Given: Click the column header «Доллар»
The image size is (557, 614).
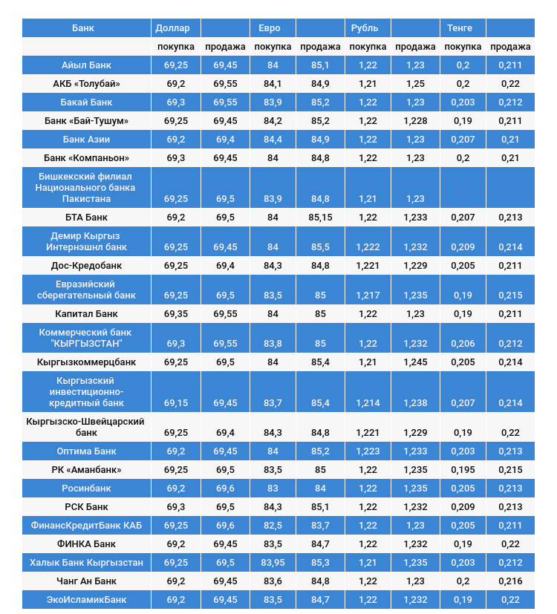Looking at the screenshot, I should pyautogui.click(x=172, y=28).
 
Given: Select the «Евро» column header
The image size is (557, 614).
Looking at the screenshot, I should pyautogui.click(x=269, y=28).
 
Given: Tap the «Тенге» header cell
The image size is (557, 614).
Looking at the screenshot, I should pyautogui.click(x=460, y=28).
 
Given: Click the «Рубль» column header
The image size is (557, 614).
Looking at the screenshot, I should pyautogui.click(x=365, y=28).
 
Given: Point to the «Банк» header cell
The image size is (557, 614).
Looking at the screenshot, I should pyautogui.click(x=83, y=28).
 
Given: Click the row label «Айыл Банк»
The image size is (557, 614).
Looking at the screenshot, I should pyautogui.click(x=86, y=65).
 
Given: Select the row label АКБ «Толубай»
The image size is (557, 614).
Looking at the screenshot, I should pyautogui.click(x=86, y=83).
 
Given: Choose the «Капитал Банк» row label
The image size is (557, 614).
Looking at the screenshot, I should pyautogui.click(x=86, y=314).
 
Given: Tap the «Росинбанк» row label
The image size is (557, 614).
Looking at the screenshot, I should pyautogui.click(x=86, y=489).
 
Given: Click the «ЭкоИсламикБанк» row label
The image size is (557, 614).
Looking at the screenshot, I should pyautogui.click(x=86, y=600).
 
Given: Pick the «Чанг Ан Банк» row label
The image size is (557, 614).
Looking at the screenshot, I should pyautogui.click(x=86, y=581).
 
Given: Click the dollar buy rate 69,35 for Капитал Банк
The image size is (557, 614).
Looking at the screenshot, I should pyautogui.click(x=176, y=314).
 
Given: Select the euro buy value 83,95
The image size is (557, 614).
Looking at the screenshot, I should pyautogui.click(x=273, y=563).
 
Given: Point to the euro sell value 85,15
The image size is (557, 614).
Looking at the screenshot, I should pyautogui.click(x=320, y=218).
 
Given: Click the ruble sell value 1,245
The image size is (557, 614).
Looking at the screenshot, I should pyautogui.click(x=415, y=362).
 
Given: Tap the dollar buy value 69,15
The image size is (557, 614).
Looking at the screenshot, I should pyautogui.click(x=176, y=403).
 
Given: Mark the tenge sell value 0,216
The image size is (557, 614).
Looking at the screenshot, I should pyautogui.click(x=510, y=581).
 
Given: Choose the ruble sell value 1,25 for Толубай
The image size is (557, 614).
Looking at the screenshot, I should pyautogui.click(x=415, y=83).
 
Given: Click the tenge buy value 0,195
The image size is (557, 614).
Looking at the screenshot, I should pyautogui.click(x=463, y=470).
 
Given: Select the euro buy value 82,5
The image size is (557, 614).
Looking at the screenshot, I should pyautogui.click(x=273, y=526).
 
